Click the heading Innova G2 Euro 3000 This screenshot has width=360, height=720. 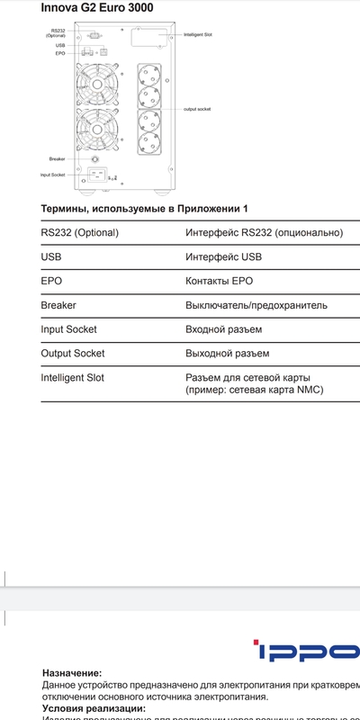click(96, 7)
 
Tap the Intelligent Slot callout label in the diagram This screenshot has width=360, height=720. click(197, 35)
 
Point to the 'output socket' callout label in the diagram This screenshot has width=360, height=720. click(196, 108)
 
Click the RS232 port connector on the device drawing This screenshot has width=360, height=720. click(94, 33)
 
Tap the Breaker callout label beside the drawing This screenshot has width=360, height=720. click(57, 158)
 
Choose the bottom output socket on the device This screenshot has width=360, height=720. click(149, 144)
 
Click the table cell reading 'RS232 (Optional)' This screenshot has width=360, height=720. click(80, 232)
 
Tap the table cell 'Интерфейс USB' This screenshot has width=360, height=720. click(224, 256)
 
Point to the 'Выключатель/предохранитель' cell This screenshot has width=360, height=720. click(256, 305)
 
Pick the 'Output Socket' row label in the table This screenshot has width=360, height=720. click(73, 354)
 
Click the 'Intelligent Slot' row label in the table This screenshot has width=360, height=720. click(73, 378)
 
